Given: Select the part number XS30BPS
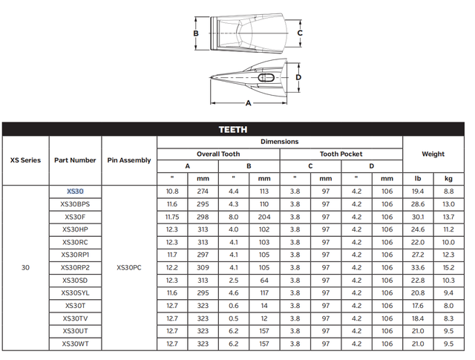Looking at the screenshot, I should pyautogui.click(x=75, y=204).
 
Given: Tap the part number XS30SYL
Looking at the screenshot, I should pyautogui.click(x=75, y=293).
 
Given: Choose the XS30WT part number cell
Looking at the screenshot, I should pyautogui.click(x=75, y=344).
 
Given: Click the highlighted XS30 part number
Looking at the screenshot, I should pyautogui.click(x=75, y=192).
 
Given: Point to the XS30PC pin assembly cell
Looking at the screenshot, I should pyautogui.click(x=128, y=267).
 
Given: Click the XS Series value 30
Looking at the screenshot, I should pyautogui.click(x=25, y=267).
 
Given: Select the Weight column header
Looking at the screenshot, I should pyautogui.click(x=433, y=154).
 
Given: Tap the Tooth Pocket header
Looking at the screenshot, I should pyautogui.click(x=341, y=154).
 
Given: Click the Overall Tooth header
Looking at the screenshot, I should pyautogui.click(x=217, y=154).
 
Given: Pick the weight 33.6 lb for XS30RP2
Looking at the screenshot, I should pyautogui.click(x=417, y=267).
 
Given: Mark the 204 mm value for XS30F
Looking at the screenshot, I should pyautogui.click(x=264, y=217).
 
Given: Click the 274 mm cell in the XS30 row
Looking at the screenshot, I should pyautogui.click(x=203, y=192).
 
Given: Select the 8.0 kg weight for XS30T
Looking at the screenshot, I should pyautogui.click(x=448, y=306).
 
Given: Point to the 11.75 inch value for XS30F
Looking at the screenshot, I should pyautogui.click(x=172, y=217).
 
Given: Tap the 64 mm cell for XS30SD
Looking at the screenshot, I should pyautogui.click(x=264, y=281).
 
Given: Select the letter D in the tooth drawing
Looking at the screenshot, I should pyautogui.click(x=298, y=76).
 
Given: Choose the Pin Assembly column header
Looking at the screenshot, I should pyautogui.click(x=128, y=160).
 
